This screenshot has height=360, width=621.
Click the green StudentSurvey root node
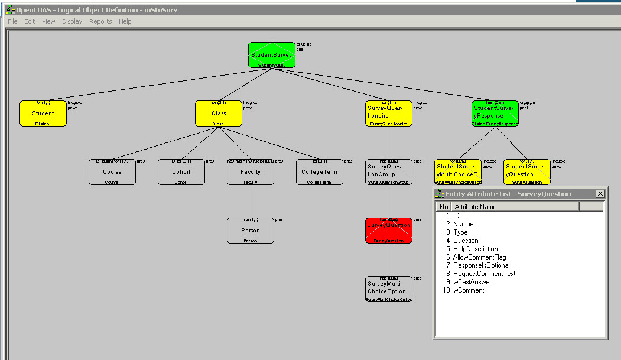[271, 55]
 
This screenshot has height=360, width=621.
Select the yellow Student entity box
[43, 113]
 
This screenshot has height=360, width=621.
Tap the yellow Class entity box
[219, 113]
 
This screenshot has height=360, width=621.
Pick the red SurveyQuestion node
[389, 231]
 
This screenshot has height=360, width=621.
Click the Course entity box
[112, 172]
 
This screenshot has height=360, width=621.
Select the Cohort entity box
[181, 172]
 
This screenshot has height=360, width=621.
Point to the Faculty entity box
[251, 172]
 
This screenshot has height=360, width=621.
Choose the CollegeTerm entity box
[319, 172]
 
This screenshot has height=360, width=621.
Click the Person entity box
[251, 231]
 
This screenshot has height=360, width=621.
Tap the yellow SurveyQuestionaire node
[389, 113]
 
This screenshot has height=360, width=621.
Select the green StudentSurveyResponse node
[495, 113]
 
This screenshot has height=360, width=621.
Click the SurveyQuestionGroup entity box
[389, 172]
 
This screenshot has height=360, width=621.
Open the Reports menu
[100, 21]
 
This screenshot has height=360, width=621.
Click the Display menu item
[72, 21]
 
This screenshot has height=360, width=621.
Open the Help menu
[125, 21]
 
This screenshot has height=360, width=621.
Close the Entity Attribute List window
[600, 194]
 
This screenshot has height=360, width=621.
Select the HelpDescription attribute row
[475, 249]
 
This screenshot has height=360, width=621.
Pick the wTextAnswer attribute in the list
[472, 282]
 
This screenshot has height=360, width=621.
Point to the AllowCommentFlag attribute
[479, 257]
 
